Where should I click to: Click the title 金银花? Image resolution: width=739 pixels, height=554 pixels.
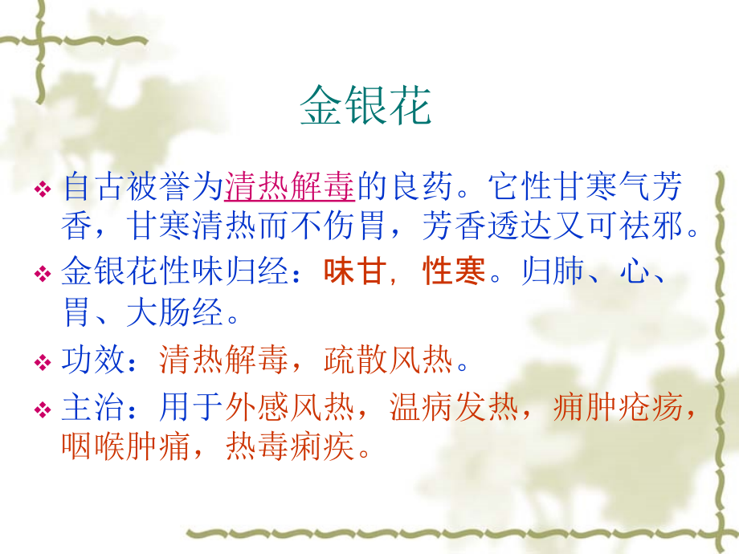click(365, 107)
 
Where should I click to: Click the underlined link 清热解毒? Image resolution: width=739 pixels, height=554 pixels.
click(290, 189)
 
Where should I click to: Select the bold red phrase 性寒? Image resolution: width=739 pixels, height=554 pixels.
click(455, 273)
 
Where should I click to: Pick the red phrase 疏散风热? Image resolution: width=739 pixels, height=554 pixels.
click(389, 362)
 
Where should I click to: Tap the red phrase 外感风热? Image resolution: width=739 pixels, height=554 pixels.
click(290, 409)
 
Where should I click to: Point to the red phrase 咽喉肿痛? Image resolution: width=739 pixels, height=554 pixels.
click(126, 447)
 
